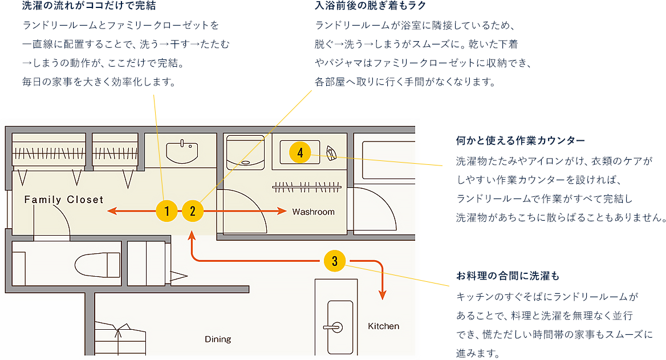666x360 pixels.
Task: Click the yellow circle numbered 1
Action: (166, 212)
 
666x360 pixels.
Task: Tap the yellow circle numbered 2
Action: (193, 212)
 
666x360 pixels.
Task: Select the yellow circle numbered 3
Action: (334, 261)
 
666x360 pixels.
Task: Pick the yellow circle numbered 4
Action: (300, 152)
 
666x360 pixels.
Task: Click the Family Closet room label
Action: (64, 200)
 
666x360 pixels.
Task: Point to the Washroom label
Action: (313, 212)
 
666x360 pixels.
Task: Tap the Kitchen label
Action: (383, 326)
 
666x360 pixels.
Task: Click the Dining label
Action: (218, 339)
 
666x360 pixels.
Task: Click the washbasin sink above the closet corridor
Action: (182, 152)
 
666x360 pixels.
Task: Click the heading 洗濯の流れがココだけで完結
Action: (88, 6)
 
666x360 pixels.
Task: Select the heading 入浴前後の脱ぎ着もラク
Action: (370, 6)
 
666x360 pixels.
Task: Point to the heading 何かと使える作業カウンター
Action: (520, 140)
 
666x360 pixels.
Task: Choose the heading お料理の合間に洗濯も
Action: (507, 276)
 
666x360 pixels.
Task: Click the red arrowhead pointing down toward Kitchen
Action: (383, 295)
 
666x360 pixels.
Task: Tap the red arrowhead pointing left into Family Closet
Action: (112, 212)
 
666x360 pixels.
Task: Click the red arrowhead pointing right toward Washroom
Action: (282, 212)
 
